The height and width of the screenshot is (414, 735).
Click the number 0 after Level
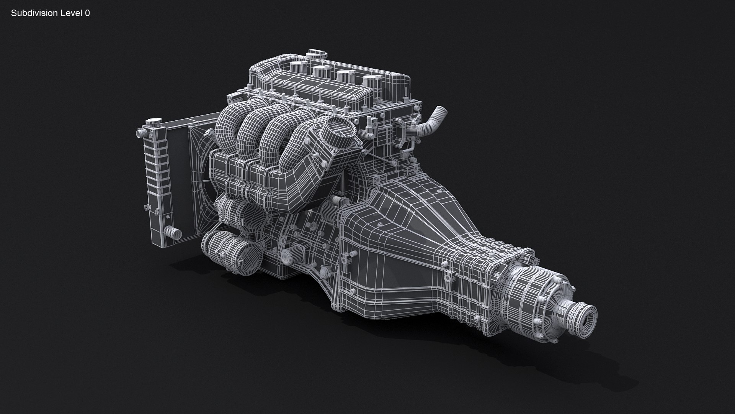(x=88, y=13)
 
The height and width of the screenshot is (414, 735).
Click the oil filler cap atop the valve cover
(x=317, y=53)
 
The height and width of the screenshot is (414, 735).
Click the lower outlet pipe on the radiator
(x=175, y=232)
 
